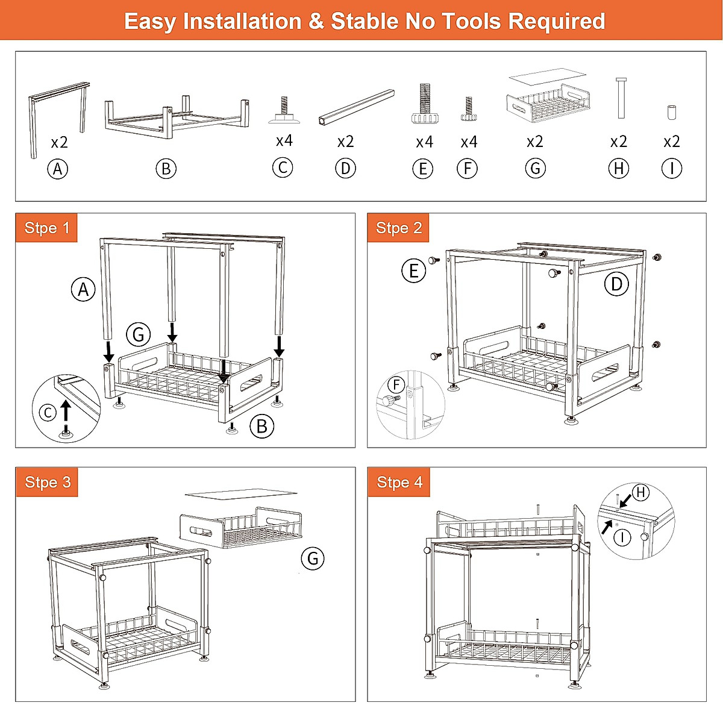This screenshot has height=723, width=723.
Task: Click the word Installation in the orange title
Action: point(242,22)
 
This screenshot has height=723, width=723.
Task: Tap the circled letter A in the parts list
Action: point(58,169)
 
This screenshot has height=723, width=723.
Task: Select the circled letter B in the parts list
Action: point(166,169)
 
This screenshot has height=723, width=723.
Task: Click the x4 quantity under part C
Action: point(284,141)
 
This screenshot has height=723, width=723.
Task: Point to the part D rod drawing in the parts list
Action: point(356,107)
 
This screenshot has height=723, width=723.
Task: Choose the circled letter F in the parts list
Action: point(468,168)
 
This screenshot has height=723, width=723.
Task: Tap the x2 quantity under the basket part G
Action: point(534,142)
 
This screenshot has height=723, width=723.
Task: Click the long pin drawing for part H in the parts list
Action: point(621,98)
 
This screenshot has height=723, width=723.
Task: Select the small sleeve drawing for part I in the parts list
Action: point(672,112)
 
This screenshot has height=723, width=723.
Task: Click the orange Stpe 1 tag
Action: point(47,228)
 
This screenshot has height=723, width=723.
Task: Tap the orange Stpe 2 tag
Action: point(399,228)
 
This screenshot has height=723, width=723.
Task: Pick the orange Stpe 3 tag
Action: point(48,483)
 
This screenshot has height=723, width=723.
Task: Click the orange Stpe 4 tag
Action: point(399,483)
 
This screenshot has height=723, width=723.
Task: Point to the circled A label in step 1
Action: point(84,290)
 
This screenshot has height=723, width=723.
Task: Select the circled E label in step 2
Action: point(414,271)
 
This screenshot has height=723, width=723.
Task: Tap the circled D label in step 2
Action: point(616,284)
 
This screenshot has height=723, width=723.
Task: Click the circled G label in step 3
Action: point(313,559)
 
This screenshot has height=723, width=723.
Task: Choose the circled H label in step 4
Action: point(640,493)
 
